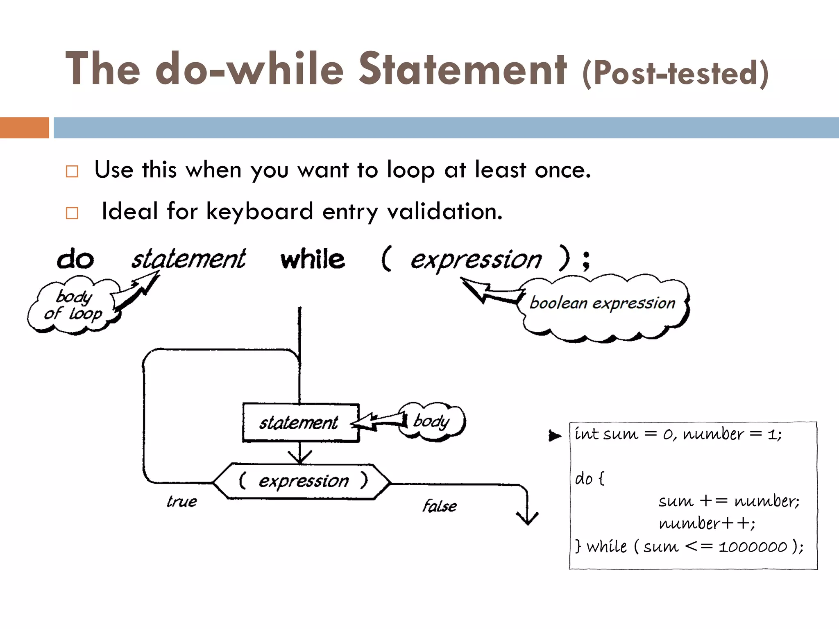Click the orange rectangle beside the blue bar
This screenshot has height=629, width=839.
(24, 128)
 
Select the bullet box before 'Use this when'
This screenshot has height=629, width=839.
(72, 171)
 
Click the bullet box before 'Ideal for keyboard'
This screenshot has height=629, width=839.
(72, 213)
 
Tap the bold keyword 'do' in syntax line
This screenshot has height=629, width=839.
(75, 260)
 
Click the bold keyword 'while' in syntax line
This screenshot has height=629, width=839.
(313, 260)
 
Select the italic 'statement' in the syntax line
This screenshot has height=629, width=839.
(188, 260)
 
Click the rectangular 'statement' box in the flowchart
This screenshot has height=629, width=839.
(300, 423)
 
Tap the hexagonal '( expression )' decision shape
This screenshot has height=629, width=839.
(302, 482)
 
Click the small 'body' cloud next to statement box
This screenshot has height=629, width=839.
(432, 421)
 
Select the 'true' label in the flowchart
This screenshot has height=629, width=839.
(181, 502)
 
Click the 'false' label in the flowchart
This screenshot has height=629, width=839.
(440, 506)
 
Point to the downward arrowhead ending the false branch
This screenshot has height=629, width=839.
(527, 519)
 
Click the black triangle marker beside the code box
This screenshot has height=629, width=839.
(555, 436)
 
